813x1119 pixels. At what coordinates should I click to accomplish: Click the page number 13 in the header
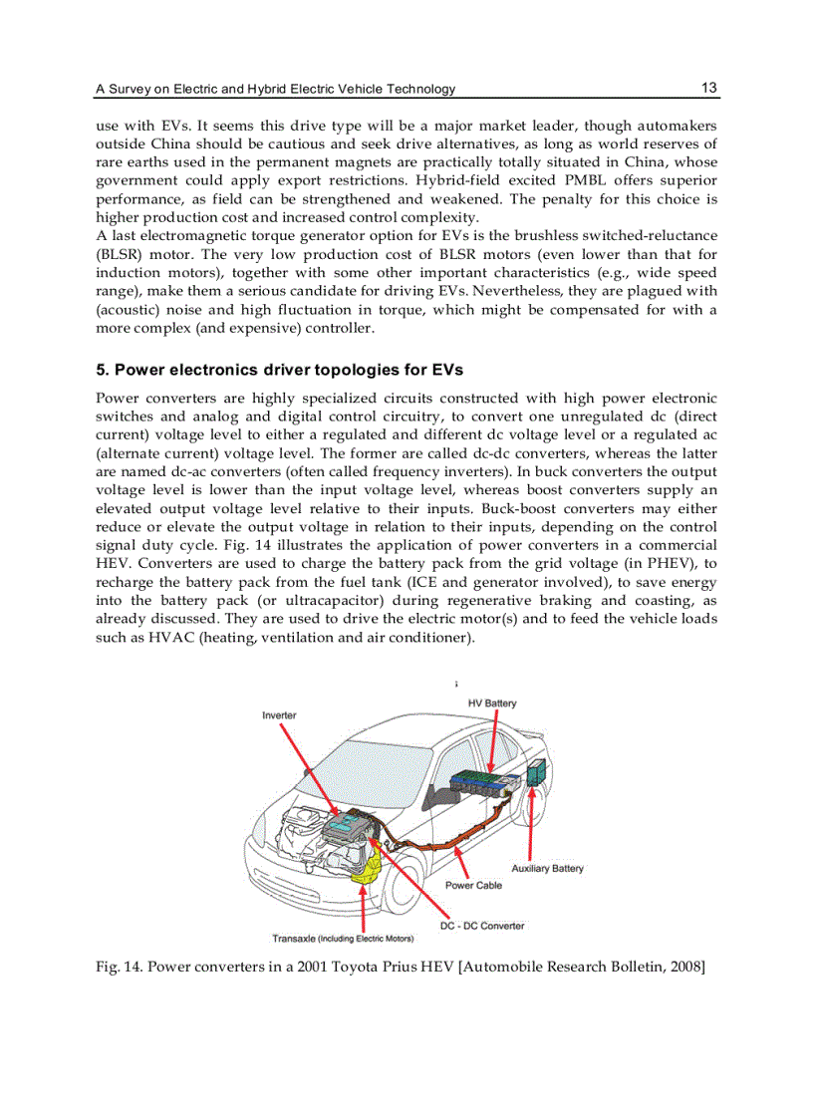(x=708, y=88)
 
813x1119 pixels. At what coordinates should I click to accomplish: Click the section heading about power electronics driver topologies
(x=279, y=370)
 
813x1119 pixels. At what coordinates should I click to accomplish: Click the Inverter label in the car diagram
(x=279, y=715)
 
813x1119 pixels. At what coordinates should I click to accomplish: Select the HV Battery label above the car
(x=492, y=703)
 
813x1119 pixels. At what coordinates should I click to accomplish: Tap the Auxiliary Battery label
(x=547, y=868)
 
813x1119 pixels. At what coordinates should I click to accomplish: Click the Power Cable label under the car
(x=473, y=885)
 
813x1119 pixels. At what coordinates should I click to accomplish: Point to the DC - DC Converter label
(x=482, y=926)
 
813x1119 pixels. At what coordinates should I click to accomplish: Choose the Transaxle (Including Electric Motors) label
(x=343, y=939)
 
